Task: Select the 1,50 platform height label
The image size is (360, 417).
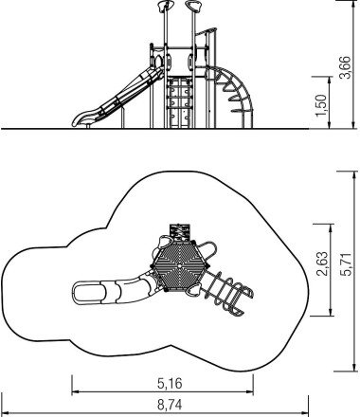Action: tap(321, 105)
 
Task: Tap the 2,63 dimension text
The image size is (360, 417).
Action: tap(323, 264)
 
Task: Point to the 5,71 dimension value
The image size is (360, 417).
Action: tap(347, 264)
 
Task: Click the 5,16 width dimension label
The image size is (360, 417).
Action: tap(170, 384)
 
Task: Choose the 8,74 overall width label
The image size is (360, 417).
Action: tap(170, 405)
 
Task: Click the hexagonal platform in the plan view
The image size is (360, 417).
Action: tap(180, 265)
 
